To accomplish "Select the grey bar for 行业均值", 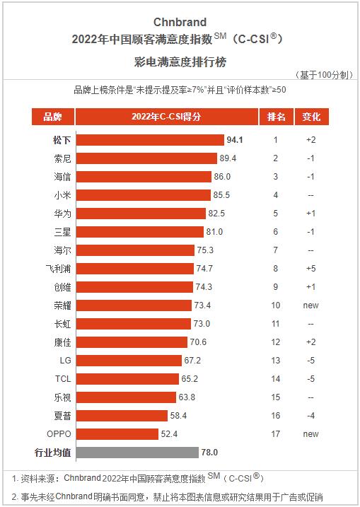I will pos(137,452).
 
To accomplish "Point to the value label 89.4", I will pos(228,158).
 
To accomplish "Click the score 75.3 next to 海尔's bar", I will pos(205,250).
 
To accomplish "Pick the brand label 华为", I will pos(62,213).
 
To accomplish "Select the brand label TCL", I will pos(62,378).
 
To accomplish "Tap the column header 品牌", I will pos(52,117).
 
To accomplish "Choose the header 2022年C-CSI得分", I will pos(166,117).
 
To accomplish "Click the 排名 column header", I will pos(276,117).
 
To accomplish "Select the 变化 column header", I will pos(310,117).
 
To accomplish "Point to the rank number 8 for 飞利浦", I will pos(276,268).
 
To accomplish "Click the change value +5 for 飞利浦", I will pos(310,268).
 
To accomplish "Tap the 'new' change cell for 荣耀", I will pos(310,305).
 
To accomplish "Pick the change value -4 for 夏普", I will pos(310,415).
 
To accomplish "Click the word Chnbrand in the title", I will pos(179,22).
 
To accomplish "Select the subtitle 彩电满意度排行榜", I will pos(179,62).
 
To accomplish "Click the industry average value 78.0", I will pos(209,452).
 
